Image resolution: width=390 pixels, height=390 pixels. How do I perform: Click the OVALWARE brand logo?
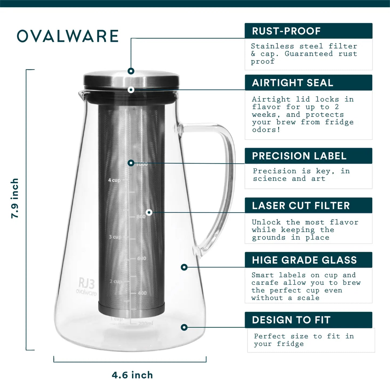click(68, 36)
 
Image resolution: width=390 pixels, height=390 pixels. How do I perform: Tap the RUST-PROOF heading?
click(286, 31)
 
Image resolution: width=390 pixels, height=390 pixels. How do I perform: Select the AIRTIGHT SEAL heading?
click(293, 83)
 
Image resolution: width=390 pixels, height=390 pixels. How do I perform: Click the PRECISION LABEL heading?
click(299, 156)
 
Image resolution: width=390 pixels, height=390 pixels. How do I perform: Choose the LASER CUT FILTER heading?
click(301, 206)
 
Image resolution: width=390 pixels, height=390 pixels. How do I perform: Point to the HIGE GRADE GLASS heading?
click(304, 260)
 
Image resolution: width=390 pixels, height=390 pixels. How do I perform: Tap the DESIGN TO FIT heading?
click(291, 320)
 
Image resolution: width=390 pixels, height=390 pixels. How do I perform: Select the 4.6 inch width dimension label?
click(132, 375)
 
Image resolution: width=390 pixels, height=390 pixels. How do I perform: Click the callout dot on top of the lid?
click(131, 71)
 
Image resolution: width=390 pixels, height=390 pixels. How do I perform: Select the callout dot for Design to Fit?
click(184, 327)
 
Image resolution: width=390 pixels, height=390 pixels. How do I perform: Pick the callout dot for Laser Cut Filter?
click(149, 212)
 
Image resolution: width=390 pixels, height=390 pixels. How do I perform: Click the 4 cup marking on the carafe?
click(114, 180)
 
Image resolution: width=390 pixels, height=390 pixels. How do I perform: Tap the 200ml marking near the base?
click(145, 323)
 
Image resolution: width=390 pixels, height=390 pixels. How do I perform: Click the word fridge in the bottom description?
click(290, 344)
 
